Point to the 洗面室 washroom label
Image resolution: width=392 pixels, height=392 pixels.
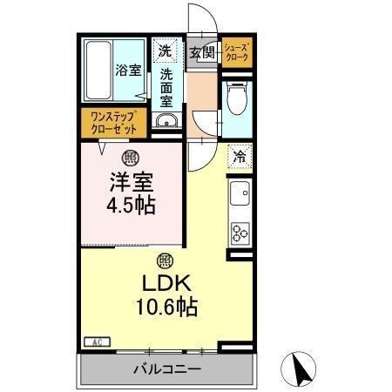[x=166, y=87]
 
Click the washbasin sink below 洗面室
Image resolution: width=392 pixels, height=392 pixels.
[x=166, y=120]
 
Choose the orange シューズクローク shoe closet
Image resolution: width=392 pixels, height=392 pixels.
[x=238, y=51]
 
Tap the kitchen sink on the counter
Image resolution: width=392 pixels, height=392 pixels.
[x=239, y=193]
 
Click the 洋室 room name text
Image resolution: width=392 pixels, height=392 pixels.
[x=132, y=185]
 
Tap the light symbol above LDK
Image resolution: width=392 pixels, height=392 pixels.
[x=164, y=260]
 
